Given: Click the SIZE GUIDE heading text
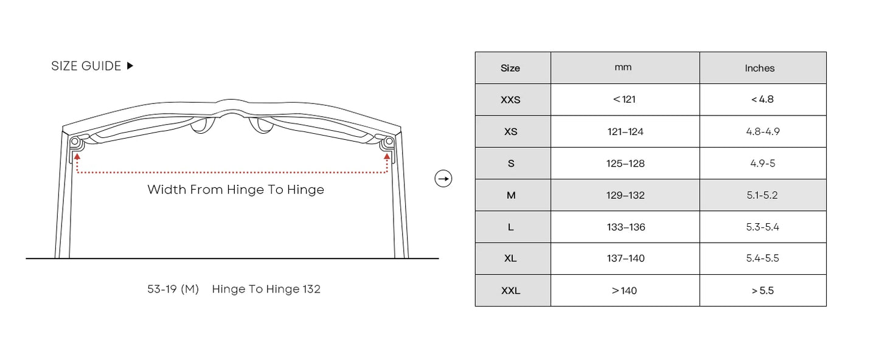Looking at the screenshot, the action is (86, 66).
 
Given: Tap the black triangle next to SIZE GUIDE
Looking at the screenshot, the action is (130, 66).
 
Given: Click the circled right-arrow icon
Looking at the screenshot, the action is (443, 179).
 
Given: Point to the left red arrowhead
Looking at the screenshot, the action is (77, 156).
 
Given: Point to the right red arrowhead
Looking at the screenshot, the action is (387, 156).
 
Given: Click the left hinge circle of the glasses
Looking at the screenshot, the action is (75, 141).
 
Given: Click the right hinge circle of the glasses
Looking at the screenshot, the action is (389, 141).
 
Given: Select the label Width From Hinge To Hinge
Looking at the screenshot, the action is (236, 190).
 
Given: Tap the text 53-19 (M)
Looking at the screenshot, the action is (173, 289).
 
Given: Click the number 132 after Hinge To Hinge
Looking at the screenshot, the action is (311, 289).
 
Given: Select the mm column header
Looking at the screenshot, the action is (623, 67).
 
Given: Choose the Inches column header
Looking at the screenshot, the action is (760, 68).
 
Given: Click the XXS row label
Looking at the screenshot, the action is (510, 100).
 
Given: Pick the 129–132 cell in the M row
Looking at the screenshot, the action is (625, 195).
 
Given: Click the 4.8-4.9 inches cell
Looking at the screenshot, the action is (763, 131).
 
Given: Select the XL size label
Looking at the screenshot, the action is (510, 258).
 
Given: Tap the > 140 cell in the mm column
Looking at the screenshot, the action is (624, 291).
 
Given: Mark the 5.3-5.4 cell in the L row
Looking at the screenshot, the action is (762, 227).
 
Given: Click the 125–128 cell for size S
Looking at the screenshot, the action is (625, 164).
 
